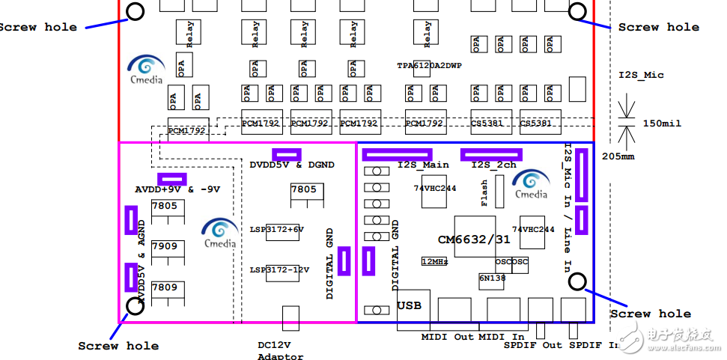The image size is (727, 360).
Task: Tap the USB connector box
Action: (x=410, y=305)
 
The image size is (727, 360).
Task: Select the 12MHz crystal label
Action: (x=435, y=262)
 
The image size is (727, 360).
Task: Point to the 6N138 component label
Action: (x=492, y=277)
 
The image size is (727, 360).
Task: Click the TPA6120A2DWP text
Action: (x=429, y=66)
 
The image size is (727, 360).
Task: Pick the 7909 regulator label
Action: (x=164, y=245)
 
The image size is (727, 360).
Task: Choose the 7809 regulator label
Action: (x=164, y=287)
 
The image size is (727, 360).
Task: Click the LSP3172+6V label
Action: (x=277, y=230)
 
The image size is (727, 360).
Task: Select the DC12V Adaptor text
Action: (x=279, y=351)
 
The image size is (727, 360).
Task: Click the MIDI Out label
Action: (x=448, y=337)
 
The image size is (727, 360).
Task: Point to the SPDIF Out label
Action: (x=532, y=346)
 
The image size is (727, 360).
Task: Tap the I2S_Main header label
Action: (x=423, y=165)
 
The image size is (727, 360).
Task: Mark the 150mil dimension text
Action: (x=662, y=123)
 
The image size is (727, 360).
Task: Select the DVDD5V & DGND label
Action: (x=292, y=165)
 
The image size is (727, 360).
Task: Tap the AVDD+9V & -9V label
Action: (x=177, y=189)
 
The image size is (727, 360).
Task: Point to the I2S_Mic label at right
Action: (x=641, y=76)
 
